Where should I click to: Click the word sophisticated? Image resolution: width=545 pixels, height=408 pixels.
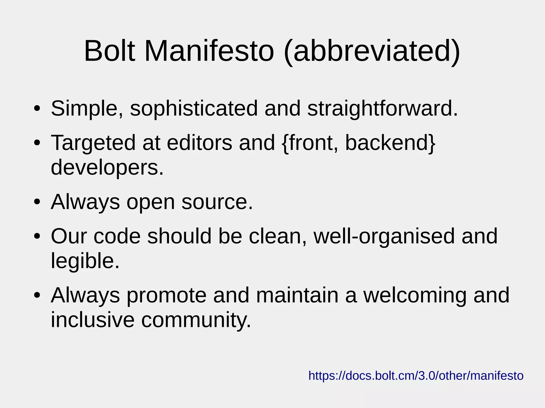(194, 108)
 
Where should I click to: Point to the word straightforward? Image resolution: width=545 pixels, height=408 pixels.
(382, 108)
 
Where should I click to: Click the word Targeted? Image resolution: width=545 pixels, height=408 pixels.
(93, 143)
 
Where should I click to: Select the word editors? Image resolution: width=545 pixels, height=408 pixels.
(200, 143)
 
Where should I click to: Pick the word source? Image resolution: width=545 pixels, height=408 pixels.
(217, 202)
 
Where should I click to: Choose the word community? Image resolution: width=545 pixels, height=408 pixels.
(196, 320)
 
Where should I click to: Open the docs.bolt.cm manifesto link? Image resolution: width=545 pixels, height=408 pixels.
(416, 376)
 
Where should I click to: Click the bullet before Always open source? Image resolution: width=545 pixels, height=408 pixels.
(37, 202)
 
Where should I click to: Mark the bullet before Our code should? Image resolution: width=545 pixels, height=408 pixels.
(37, 236)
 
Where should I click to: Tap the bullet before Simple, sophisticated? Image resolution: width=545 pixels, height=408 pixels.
(37, 109)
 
